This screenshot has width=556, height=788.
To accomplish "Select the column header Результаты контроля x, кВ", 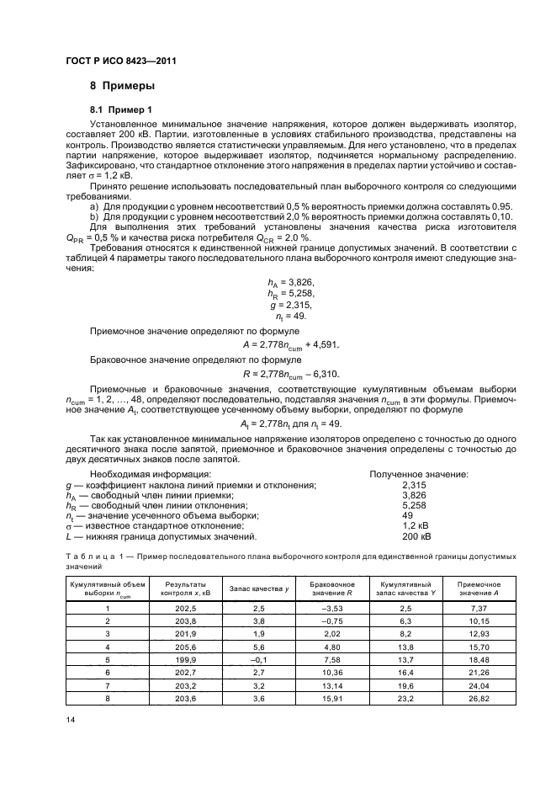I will point(183,588).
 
